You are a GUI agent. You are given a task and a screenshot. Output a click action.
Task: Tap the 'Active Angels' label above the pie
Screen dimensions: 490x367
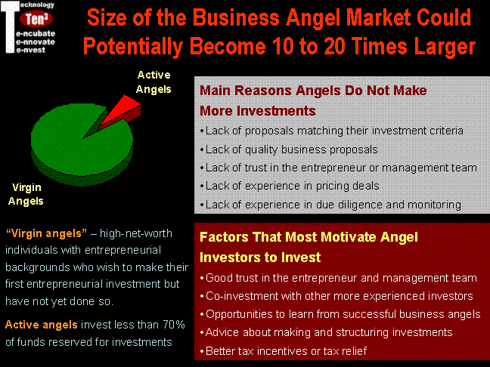154,82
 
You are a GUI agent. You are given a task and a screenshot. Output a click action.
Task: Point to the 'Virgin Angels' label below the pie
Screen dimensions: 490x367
26,194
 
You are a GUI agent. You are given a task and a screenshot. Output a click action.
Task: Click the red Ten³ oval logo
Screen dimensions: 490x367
36,19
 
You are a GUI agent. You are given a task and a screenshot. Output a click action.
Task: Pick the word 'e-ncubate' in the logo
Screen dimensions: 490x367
36,33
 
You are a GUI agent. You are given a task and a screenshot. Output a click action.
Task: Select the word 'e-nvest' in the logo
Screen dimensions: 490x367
30,50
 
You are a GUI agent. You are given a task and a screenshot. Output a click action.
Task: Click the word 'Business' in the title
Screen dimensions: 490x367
236,17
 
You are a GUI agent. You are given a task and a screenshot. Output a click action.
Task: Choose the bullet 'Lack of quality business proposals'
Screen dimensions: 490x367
289,150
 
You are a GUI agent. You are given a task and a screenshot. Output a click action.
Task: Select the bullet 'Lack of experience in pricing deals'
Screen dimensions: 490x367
290,186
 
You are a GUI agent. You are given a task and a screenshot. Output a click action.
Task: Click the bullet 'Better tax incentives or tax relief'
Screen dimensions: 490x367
283,351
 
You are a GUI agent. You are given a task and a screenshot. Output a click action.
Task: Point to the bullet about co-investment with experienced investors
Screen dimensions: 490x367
336,296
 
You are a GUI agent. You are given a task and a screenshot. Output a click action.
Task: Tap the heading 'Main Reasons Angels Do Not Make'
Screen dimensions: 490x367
313,91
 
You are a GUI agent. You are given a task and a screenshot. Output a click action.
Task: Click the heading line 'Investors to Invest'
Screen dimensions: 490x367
260,258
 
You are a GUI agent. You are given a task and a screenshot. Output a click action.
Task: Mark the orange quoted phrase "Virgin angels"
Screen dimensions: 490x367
46,233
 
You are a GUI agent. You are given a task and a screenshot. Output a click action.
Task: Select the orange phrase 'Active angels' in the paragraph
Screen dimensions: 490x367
42,325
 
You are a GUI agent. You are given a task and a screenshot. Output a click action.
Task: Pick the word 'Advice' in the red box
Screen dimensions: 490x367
222,332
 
